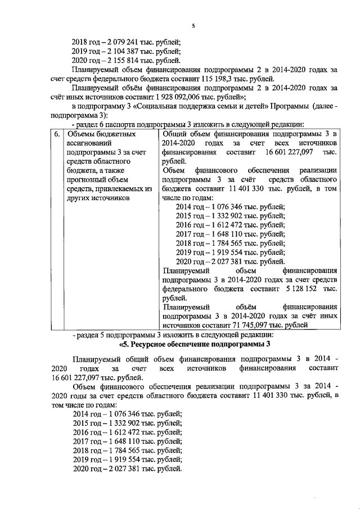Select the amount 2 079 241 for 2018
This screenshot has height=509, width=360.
click(123, 42)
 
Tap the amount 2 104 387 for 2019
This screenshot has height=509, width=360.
click(123, 51)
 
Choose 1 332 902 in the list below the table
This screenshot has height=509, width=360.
click(123, 424)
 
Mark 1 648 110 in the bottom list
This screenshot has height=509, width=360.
click(123, 442)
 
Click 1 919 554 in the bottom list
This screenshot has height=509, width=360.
click(123, 460)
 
